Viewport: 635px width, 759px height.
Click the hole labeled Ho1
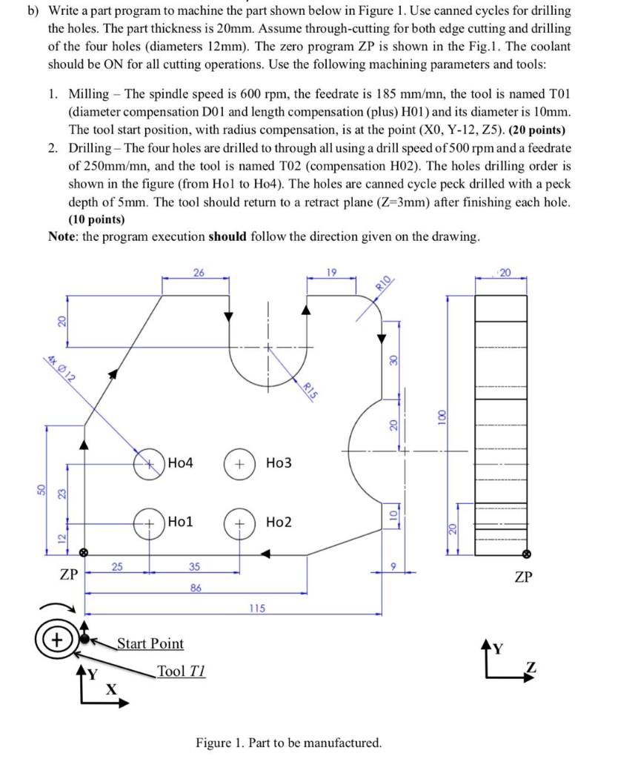(150, 523)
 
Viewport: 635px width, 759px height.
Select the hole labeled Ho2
(239, 523)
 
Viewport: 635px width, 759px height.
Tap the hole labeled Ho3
(239, 463)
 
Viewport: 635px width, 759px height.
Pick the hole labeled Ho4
(150, 463)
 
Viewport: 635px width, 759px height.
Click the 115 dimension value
(257, 609)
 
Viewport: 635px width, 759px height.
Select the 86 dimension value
(196, 588)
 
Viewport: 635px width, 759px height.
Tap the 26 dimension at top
(199, 273)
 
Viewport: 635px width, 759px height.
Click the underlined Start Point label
(150, 643)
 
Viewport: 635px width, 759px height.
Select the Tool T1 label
(181, 672)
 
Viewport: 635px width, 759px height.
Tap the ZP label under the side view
(523, 577)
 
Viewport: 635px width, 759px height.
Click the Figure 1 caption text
(289, 743)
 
